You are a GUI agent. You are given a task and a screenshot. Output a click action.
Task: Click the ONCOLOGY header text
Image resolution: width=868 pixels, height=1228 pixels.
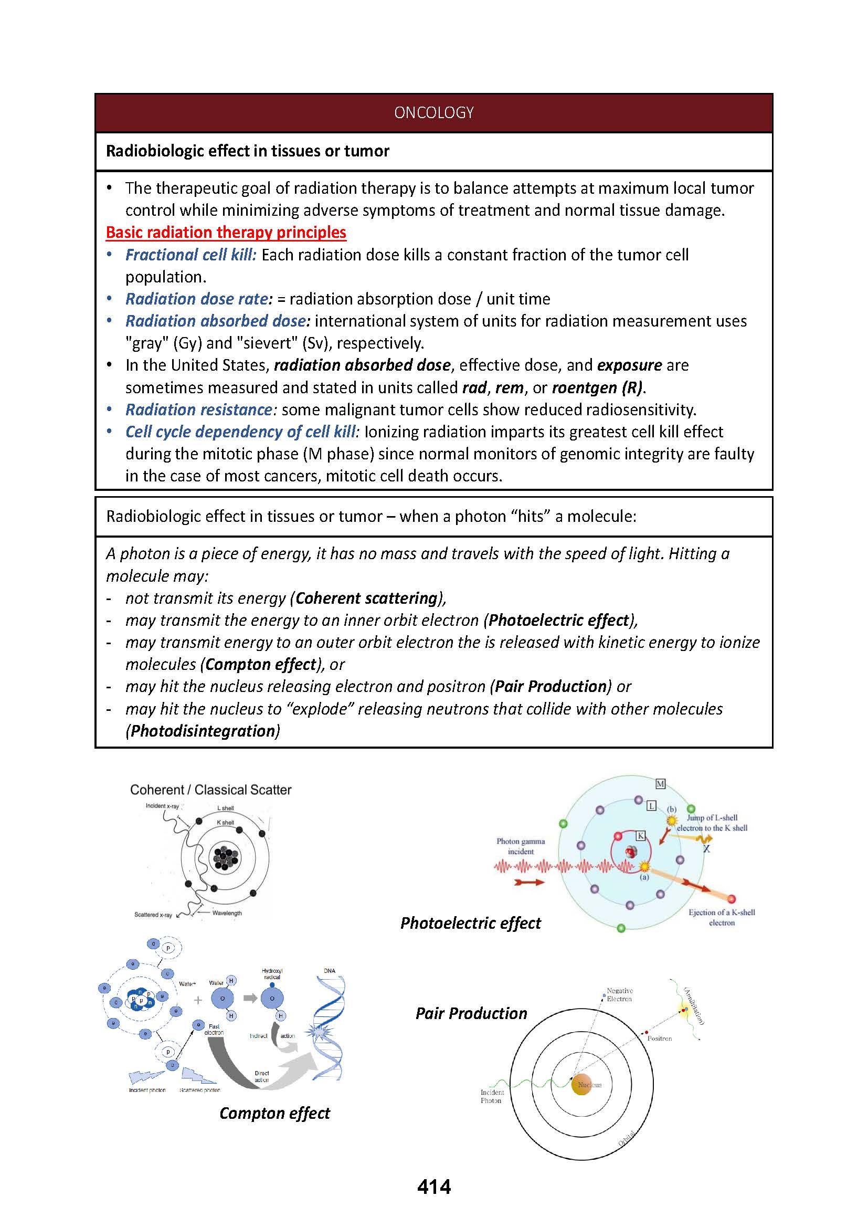tap(433, 112)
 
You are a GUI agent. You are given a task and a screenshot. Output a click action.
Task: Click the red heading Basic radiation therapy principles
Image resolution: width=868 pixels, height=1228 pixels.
tap(226, 232)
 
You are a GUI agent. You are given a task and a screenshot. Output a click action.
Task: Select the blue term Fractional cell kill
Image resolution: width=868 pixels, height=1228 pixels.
tap(190, 255)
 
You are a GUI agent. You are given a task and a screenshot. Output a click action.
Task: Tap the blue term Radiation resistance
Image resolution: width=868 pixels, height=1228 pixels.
tap(199, 410)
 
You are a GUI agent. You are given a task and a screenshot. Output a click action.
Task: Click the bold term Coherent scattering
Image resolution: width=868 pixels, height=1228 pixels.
tap(367, 598)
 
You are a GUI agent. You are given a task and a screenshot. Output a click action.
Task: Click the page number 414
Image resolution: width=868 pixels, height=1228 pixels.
tap(433, 1187)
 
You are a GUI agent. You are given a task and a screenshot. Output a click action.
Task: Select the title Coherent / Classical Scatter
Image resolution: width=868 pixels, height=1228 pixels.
tap(210, 790)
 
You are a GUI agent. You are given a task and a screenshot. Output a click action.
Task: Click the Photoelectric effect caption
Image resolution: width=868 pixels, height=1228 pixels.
tap(470, 922)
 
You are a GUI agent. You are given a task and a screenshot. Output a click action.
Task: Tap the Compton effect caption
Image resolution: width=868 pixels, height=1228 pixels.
tap(274, 1113)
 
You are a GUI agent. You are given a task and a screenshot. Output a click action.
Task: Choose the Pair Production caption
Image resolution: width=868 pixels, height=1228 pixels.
tap(471, 1013)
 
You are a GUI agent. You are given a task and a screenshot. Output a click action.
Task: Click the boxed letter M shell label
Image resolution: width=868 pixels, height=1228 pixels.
tap(660, 784)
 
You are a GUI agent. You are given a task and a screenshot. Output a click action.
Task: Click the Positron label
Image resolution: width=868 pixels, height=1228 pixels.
tap(659, 1038)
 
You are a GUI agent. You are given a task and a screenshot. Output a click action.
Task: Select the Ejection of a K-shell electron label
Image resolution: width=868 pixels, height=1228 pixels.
tap(722, 917)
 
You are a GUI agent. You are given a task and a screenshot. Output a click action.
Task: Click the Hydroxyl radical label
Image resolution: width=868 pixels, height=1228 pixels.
tap(272, 973)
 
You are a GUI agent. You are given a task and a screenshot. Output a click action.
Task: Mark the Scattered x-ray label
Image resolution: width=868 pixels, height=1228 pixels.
tap(153, 915)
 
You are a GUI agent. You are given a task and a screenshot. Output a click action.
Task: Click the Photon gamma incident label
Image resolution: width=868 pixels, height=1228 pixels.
tap(520, 846)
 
